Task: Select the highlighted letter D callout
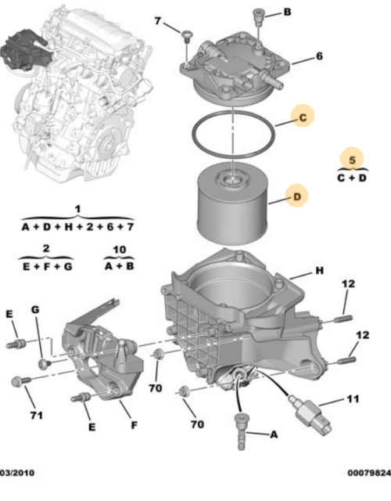pos(297,196)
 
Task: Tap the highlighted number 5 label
pos(352,160)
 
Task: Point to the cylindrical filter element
pos(232,204)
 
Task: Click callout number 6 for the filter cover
pos(319,56)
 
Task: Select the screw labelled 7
pos(187,36)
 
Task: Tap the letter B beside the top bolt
pos(287,13)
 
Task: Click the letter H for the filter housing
pos(319,271)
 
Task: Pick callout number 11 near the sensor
pos(353,398)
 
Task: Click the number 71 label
pos(36,416)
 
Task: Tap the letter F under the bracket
pos(135,425)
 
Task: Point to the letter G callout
pos(35,309)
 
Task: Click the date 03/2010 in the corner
pos(17,473)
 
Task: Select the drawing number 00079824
pos(369,473)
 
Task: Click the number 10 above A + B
pos(120,249)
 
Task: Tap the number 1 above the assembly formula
pos(77,210)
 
